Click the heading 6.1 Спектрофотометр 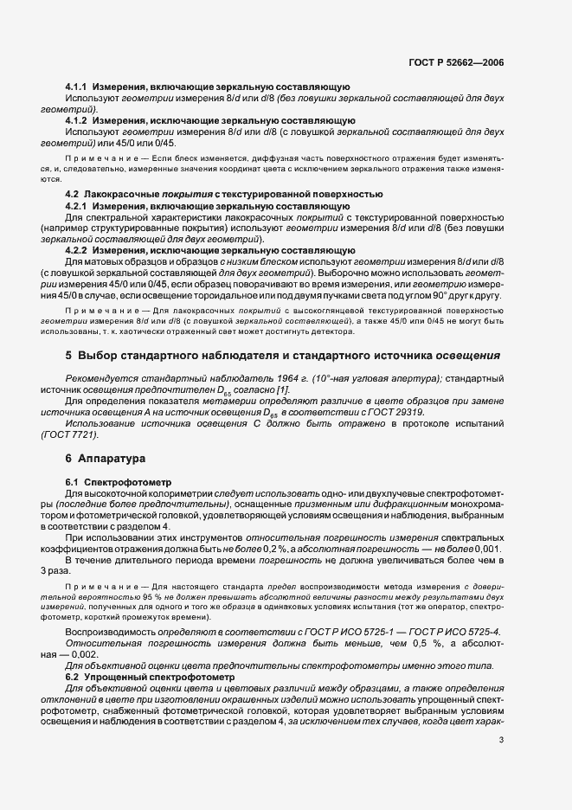click(x=119, y=480)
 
